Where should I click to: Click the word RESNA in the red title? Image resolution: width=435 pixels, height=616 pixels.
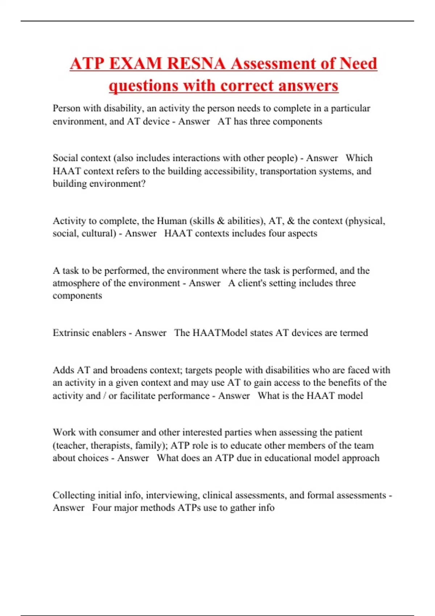click(197, 64)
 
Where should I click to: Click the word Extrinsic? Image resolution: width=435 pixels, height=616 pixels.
click(71, 333)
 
